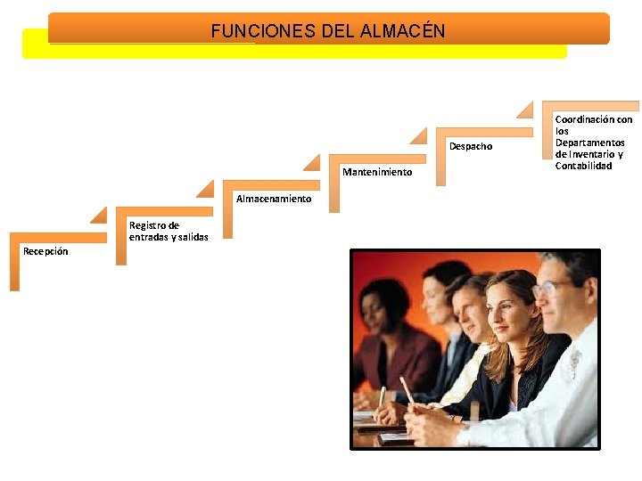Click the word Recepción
pyautogui.click(x=45, y=252)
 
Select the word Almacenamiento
pyautogui.click(x=274, y=199)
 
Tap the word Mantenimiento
pyautogui.click(x=377, y=172)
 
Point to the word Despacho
pyautogui.click(x=471, y=146)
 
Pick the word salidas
pyautogui.click(x=193, y=237)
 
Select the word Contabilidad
pyautogui.click(x=583, y=166)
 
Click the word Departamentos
pyautogui.click(x=589, y=143)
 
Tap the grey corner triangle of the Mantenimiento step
pyautogui.click(x=311, y=162)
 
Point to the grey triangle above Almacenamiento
pyautogui.click(x=205, y=188)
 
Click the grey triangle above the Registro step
pyautogui.click(x=98, y=216)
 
